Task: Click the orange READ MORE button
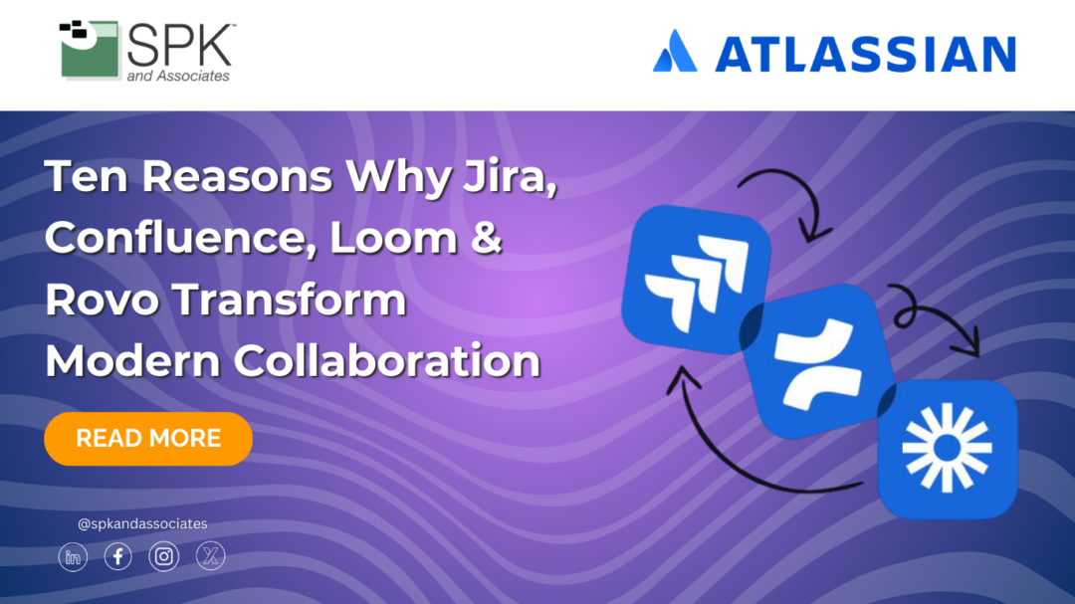pyautogui.click(x=148, y=439)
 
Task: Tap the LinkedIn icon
pyautogui.click(x=73, y=557)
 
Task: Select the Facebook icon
pyautogui.click(x=118, y=557)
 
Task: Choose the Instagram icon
pyautogui.click(x=164, y=557)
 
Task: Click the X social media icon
pyautogui.click(x=210, y=557)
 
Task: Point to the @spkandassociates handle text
pyautogui.click(x=142, y=523)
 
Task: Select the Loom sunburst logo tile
pyautogui.click(x=947, y=447)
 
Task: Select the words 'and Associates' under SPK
pyautogui.click(x=178, y=77)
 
